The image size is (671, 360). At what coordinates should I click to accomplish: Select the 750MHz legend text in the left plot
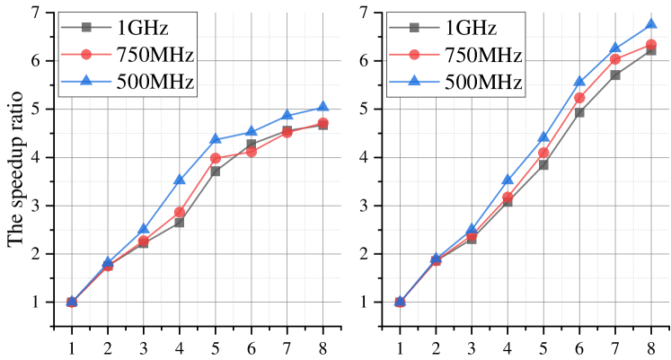(x=155, y=55)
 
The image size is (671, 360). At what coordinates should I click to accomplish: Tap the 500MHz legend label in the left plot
(x=155, y=83)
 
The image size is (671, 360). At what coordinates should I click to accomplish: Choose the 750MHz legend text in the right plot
(x=483, y=55)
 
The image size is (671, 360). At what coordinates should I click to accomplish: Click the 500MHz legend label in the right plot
(x=483, y=83)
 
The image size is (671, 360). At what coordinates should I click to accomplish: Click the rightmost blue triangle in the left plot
(x=322, y=107)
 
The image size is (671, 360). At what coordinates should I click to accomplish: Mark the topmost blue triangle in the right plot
(x=651, y=24)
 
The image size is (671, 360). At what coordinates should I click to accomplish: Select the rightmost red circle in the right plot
(x=651, y=44)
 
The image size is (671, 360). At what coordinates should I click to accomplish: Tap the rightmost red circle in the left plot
(x=322, y=123)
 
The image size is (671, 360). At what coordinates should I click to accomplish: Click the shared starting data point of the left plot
(x=72, y=302)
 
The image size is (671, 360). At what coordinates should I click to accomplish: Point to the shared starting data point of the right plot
(x=400, y=302)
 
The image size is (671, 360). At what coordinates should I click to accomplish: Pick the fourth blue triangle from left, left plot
(x=180, y=180)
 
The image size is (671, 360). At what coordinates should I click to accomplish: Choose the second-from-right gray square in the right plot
(x=615, y=75)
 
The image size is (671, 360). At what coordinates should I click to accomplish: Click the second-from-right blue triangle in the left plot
(x=287, y=116)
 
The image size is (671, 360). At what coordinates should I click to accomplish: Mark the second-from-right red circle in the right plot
(x=615, y=59)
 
